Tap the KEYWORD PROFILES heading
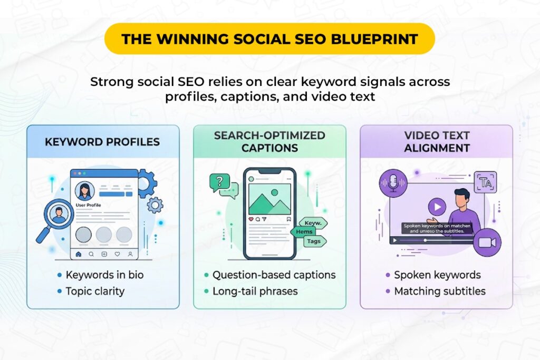(x=103, y=142)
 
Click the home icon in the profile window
(x=79, y=254)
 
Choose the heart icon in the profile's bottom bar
(x=117, y=254)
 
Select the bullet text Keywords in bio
(x=104, y=275)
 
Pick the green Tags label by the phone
(x=314, y=241)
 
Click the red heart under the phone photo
(x=250, y=219)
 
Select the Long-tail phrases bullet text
(x=255, y=291)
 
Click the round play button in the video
(x=437, y=206)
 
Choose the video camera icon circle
(x=487, y=242)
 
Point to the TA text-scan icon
(x=485, y=183)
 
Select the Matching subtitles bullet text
(x=440, y=291)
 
